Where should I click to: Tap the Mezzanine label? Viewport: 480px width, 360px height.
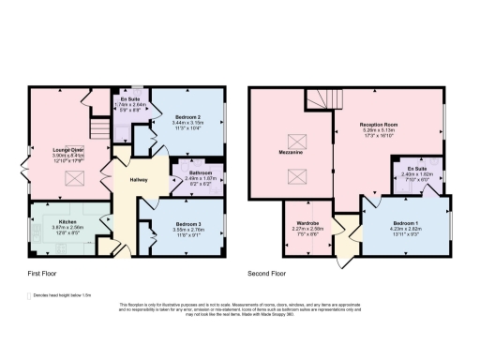291,150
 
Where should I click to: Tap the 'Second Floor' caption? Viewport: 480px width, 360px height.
267,274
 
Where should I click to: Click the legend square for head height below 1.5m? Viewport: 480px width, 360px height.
30,294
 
